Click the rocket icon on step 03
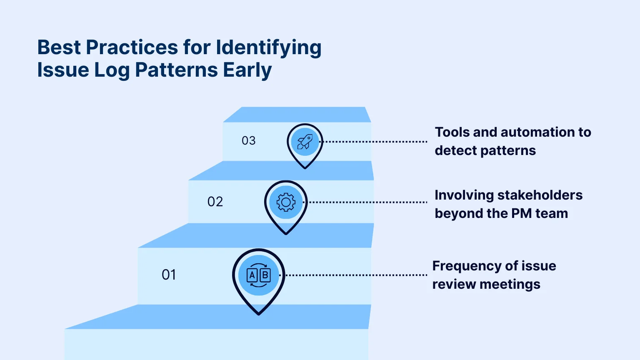coord(305,142)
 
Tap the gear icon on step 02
coord(286,202)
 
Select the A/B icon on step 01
coord(259,275)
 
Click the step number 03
coord(249,141)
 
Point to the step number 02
coord(215,202)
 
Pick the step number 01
coord(169,275)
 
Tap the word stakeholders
coord(540,195)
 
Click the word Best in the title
coord(59,47)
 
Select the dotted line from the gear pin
coord(367,202)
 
